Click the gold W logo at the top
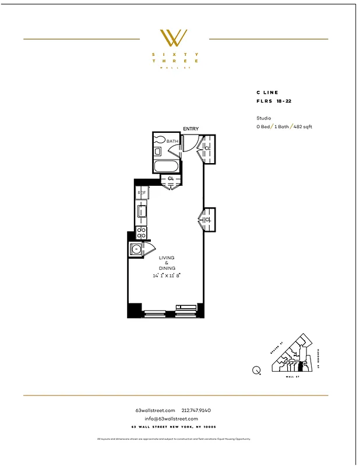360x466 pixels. point(174,38)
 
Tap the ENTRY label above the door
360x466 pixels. point(190,129)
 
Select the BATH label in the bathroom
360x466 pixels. point(172,141)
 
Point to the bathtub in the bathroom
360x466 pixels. point(167,167)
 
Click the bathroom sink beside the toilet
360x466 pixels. point(158,151)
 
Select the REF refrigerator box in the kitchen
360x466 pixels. point(141,192)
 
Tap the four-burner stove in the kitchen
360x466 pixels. point(141,232)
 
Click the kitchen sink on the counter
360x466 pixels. point(141,211)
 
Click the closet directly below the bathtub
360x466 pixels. point(170,178)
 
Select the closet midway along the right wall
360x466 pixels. point(208,220)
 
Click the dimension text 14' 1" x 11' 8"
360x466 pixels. point(167,276)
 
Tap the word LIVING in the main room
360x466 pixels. point(167,257)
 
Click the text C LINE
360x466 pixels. point(267,93)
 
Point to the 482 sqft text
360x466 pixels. point(302,126)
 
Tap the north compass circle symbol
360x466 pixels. point(256,369)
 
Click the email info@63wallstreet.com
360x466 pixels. point(171,418)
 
